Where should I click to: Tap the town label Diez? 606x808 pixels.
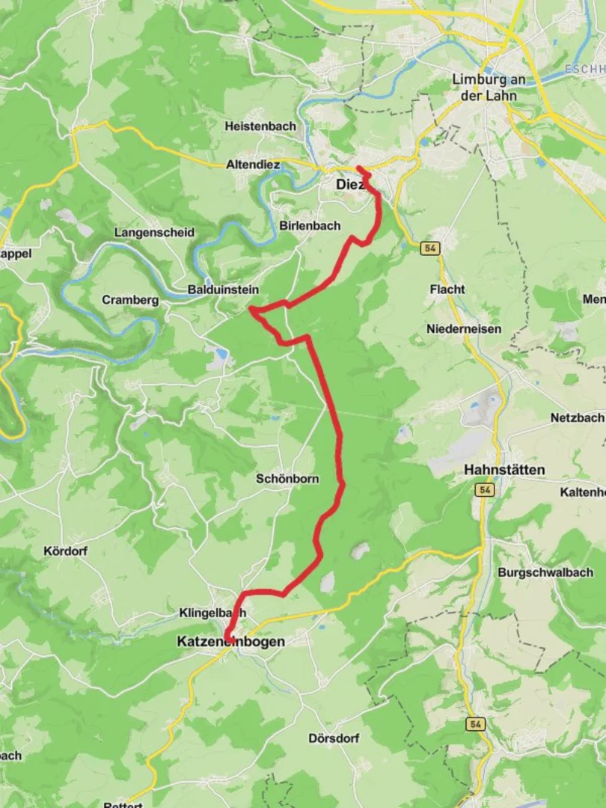(x=349, y=184)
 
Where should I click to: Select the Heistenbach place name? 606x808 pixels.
(x=260, y=126)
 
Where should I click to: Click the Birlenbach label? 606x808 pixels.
(x=310, y=225)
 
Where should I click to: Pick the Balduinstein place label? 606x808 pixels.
(x=223, y=290)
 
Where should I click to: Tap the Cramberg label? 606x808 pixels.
(x=130, y=300)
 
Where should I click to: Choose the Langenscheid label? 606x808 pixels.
(x=154, y=233)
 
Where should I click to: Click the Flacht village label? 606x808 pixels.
(x=447, y=289)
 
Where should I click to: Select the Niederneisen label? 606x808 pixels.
(x=464, y=328)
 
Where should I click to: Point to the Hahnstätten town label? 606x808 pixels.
(x=504, y=470)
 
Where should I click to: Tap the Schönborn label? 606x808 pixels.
(x=287, y=478)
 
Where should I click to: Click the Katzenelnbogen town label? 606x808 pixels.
(x=230, y=641)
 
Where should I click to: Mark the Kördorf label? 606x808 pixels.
(x=66, y=551)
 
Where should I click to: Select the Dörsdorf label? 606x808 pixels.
(x=334, y=738)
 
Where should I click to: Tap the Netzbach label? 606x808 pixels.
(x=577, y=417)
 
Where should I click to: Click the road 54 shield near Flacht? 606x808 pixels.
(x=429, y=248)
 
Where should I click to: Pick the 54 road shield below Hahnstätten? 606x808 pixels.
(x=487, y=490)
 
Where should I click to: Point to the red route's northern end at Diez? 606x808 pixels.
(x=358, y=168)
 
